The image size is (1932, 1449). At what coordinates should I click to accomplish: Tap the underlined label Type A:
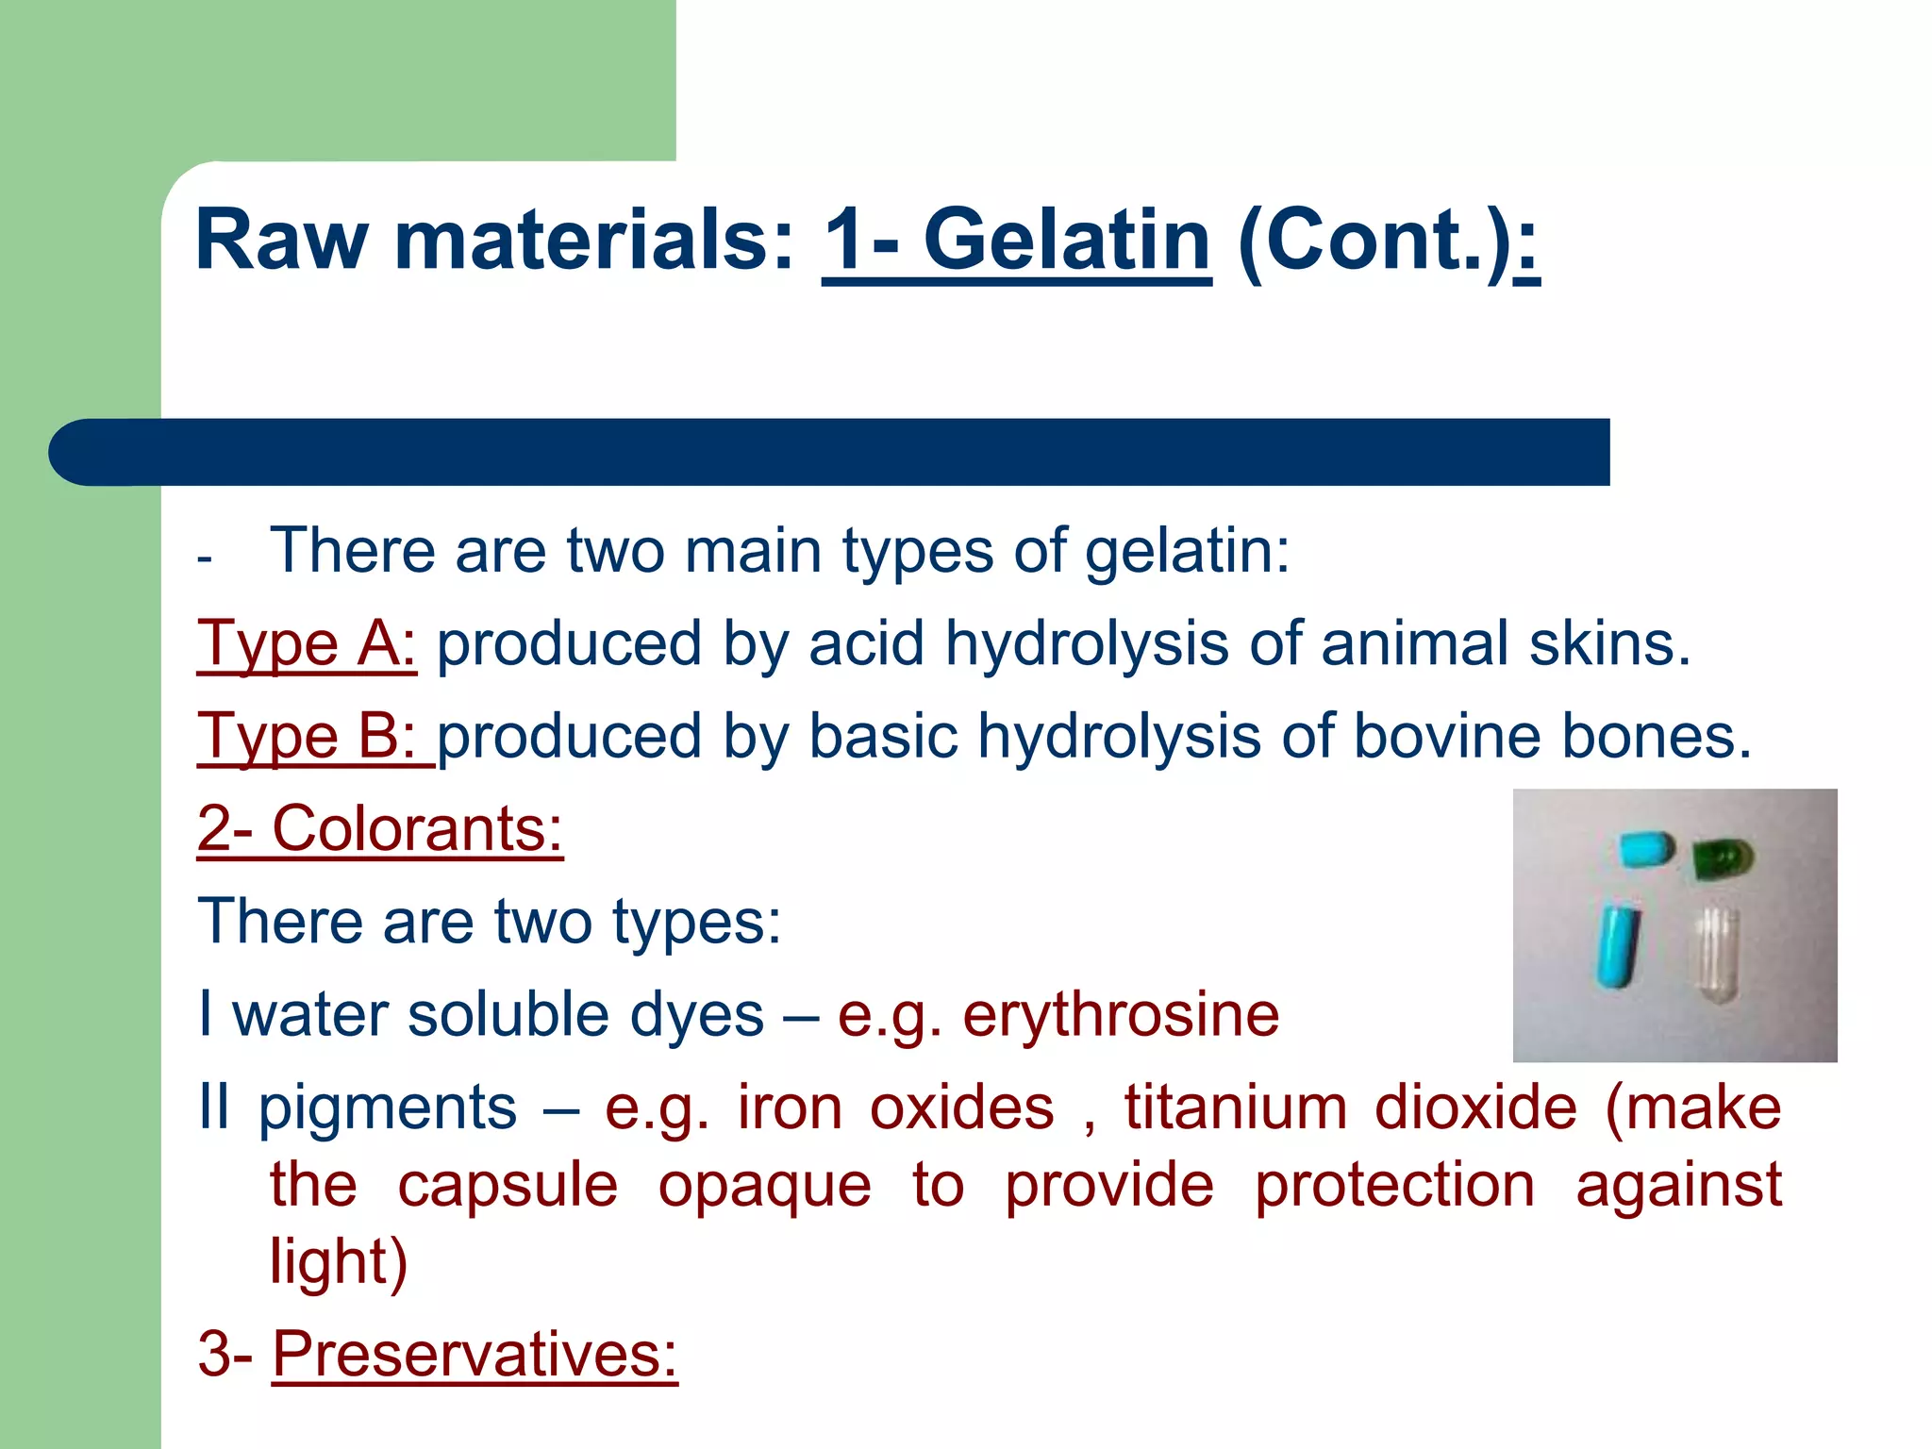307,644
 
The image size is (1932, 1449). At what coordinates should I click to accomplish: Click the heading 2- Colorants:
380,829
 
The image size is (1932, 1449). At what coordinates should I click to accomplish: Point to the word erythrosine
1121,1015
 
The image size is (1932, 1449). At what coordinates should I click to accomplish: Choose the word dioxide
1475,1108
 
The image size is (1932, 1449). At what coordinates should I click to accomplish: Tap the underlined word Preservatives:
475,1355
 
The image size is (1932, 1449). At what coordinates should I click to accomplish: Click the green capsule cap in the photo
1722,858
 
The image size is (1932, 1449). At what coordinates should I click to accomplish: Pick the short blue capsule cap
1647,849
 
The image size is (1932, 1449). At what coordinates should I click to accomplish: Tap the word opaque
764,1186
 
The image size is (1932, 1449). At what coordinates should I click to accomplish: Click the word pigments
388,1109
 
